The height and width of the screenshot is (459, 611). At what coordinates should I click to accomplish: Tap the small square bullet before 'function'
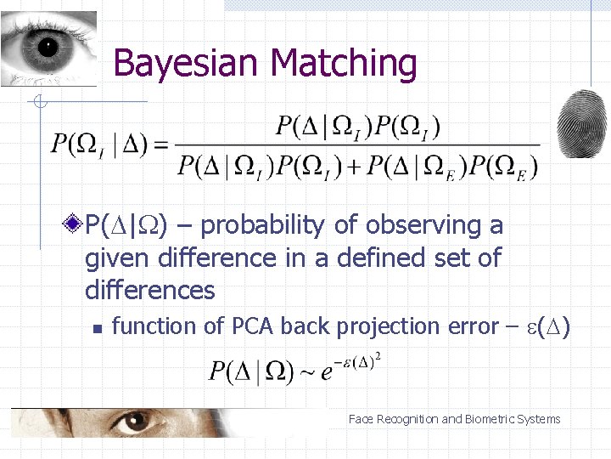[97, 327]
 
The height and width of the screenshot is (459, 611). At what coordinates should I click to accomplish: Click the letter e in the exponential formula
[327, 374]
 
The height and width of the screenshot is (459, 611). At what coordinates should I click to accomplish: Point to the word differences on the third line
[150, 290]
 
